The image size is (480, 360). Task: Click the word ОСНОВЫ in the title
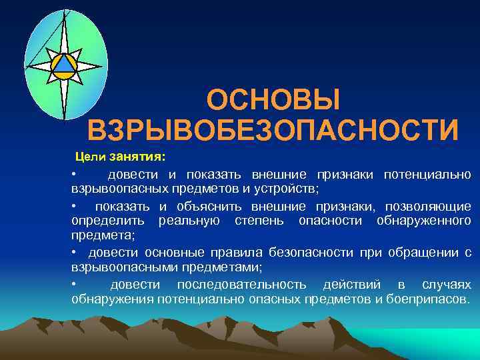(x=273, y=101)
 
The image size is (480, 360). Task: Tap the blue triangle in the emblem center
(x=65, y=65)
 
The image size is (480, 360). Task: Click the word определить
(x=110, y=221)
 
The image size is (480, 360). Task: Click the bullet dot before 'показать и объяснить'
(x=75, y=206)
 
